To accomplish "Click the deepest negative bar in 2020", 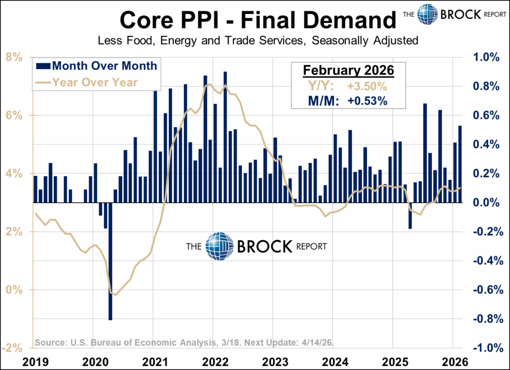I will pyautogui.click(x=110, y=261).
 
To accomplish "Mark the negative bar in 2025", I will pyautogui.click(x=410, y=215).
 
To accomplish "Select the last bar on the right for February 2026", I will pyautogui.click(x=460, y=164).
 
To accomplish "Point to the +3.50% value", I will pyautogui.click(x=367, y=86).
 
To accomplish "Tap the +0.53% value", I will pyautogui.click(x=368, y=101).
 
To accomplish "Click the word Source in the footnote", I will pyautogui.click(x=50, y=343).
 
